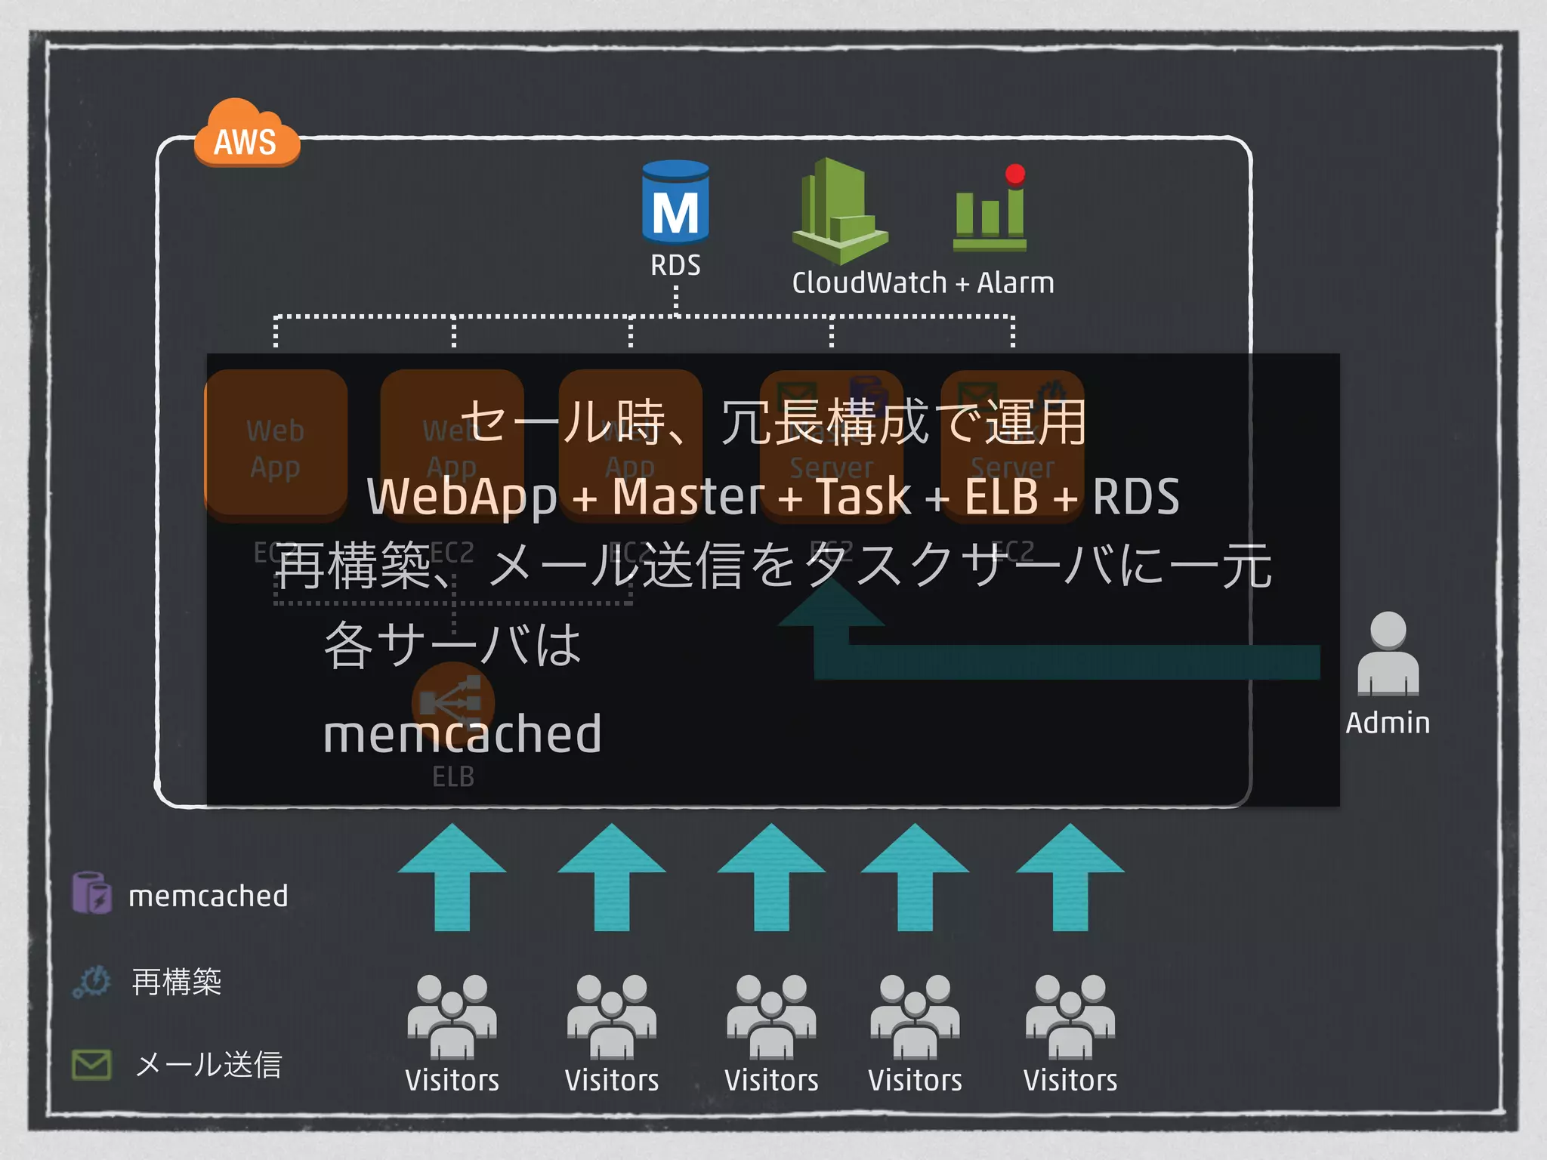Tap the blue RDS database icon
(675, 202)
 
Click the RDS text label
(675, 266)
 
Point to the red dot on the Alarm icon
(1015, 174)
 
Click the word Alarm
(1015, 283)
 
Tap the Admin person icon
(1388, 654)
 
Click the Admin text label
(1388, 723)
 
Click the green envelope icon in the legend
(91, 1064)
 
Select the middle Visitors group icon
(771, 1016)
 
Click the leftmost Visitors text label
(452, 1081)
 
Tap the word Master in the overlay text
(688, 496)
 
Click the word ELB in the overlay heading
(1001, 496)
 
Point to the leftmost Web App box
(276, 446)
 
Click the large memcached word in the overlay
(462, 734)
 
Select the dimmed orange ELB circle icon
(452, 702)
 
